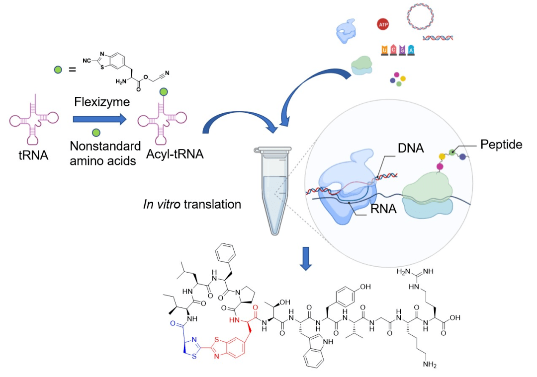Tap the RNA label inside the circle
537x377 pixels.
pyautogui.click(x=383, y=209)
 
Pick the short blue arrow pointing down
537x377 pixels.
pyautogui.click(x=306, y=262)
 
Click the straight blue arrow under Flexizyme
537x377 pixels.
pyautogui.click(x=97, y=119)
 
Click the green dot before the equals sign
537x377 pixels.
pyautogui.click(x=58, y=70)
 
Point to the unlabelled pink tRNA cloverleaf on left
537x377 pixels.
pyautogui.click(x=31, y=119)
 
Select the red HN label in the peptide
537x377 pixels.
pyautogui.click(x=233, y=319)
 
